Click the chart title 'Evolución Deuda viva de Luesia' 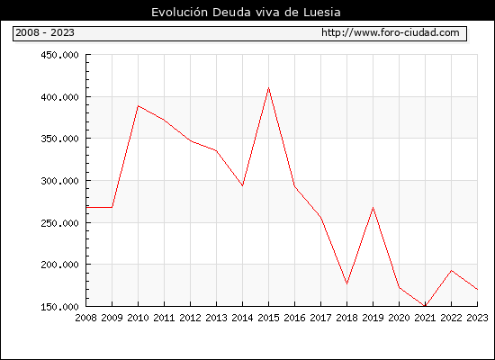(246, 13)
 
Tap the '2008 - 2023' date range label (45, 32)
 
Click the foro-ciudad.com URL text (391, 32)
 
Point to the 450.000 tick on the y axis (59, 55)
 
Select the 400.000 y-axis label (59, 97)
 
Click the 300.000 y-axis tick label (59, 181)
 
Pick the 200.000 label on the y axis (59, 265)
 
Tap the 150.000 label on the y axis (59, 307)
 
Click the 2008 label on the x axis (85, 318)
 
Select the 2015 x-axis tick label (269, 318)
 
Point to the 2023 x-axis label (477, 318)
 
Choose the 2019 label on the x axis (373, 318)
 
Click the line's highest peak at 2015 (269, 88)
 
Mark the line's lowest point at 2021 (425, 306)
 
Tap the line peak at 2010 (138, 106)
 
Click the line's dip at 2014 (242, 185)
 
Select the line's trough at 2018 (346, 283)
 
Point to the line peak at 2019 (373, 208)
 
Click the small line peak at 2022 (452, 271)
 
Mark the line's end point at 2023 (477, 289)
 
